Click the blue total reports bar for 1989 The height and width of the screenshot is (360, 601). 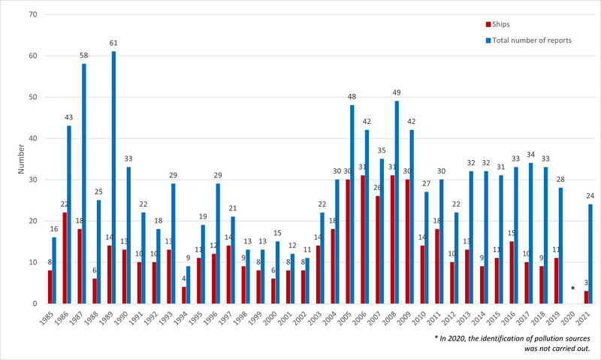click(x=114, y=177)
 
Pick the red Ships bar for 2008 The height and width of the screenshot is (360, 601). click(x=392, y=240)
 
